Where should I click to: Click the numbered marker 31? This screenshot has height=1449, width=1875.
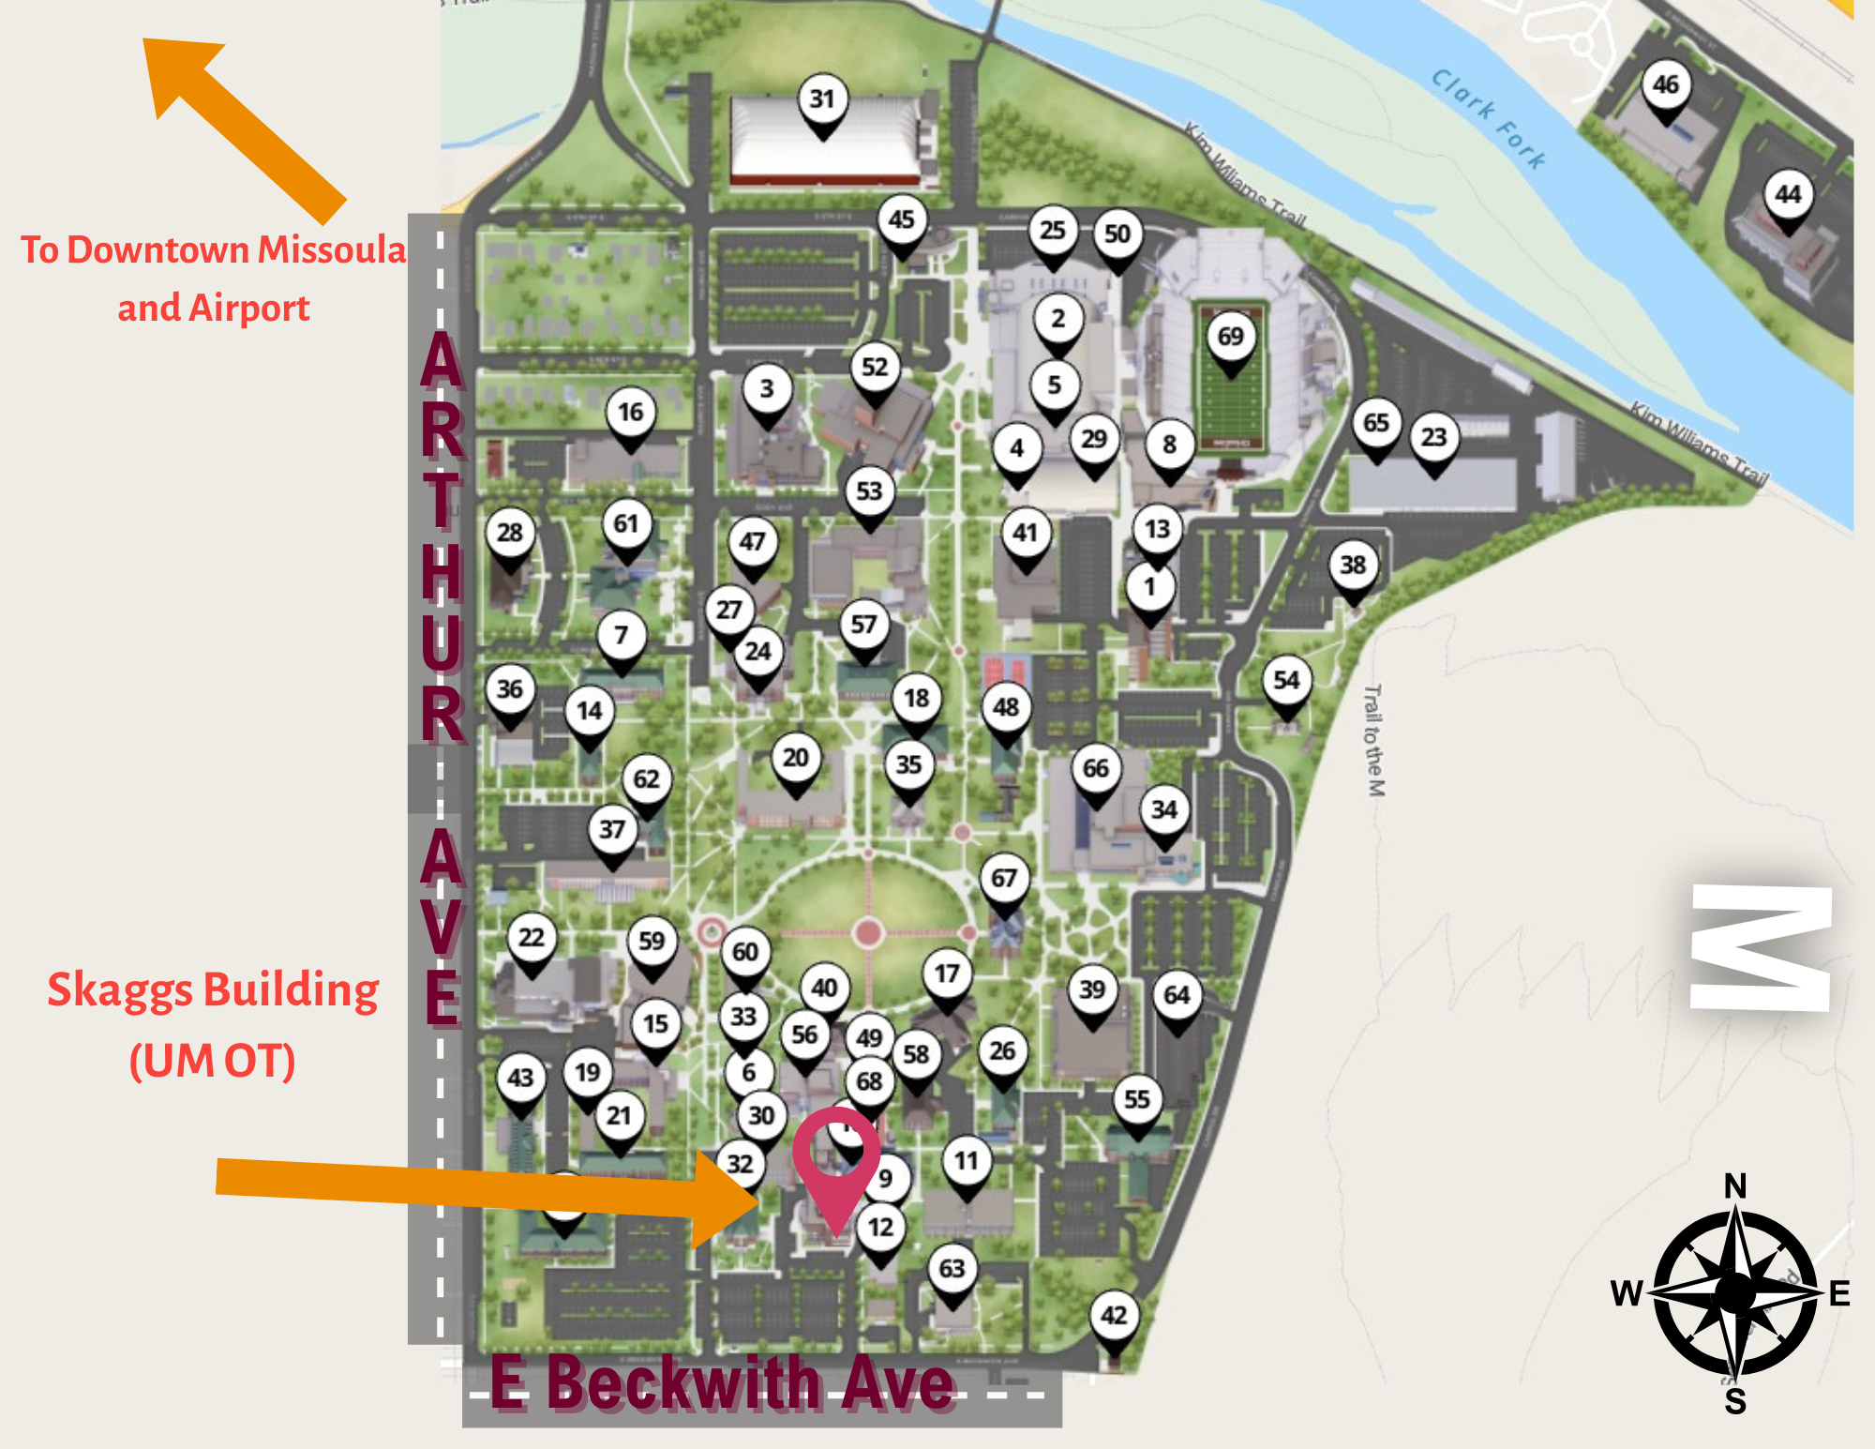point(822,99)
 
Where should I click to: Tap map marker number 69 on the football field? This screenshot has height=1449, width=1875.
point(1230,337)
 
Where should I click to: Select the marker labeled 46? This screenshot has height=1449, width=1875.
point(1665,85)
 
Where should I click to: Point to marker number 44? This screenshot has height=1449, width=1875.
point(1788,195)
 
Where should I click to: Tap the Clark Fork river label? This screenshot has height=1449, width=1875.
point(1488,118)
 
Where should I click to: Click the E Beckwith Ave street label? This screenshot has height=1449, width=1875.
point(722,1382)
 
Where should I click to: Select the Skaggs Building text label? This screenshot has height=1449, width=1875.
point(213,990)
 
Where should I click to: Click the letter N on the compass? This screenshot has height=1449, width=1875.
point(1735,1186)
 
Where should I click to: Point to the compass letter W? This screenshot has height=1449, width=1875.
point(1627,1293)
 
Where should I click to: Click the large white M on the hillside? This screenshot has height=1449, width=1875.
point(1761,947)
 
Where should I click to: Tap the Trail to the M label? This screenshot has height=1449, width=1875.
point(1373,741)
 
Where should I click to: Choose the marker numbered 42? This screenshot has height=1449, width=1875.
point(1114,1315)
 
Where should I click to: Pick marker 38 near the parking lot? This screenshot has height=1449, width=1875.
point(1352,566)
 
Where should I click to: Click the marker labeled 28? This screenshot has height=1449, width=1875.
point(510,533)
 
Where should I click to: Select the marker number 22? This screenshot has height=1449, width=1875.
point(532,938)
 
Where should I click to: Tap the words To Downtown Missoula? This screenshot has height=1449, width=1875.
point(213,250)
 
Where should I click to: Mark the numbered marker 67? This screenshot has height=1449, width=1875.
point(1003,879)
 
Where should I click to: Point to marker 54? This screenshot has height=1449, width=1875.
point(1286,681)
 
